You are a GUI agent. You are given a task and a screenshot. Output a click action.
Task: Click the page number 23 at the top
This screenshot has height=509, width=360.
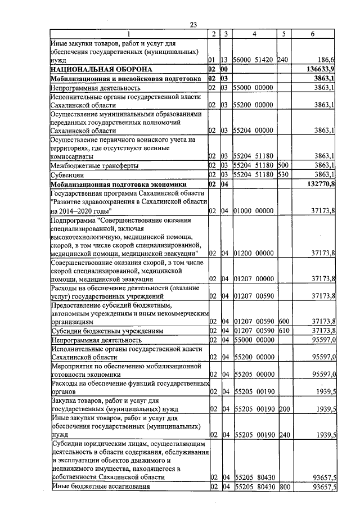[x=193, y=25]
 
